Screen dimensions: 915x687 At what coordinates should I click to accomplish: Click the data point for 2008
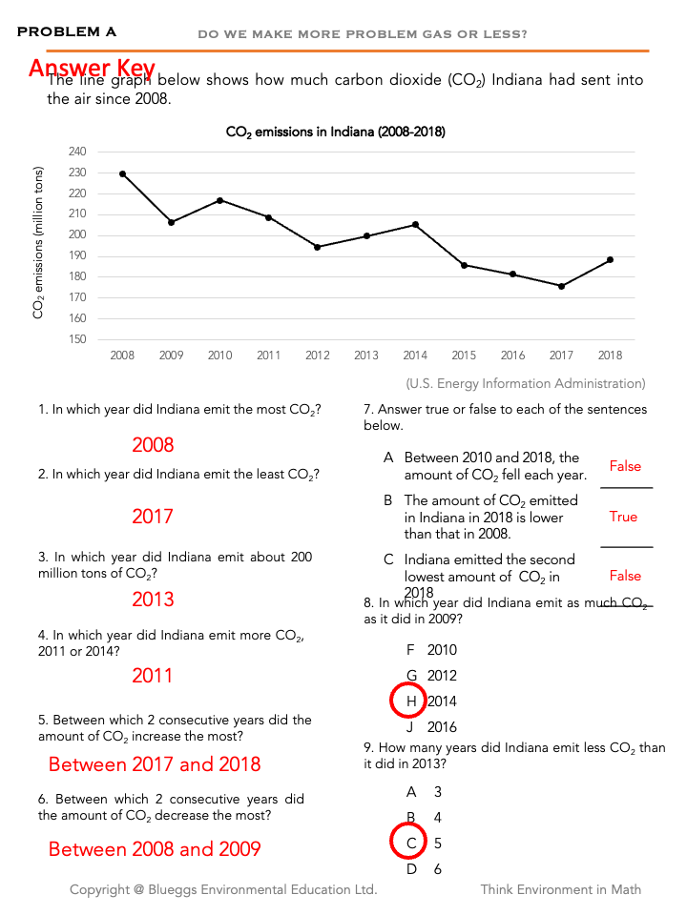pyautogui.click(x=122, y=173)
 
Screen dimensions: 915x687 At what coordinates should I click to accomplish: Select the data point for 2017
pyautogui.click(x=561, y=286)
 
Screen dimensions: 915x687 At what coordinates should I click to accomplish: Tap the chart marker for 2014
pyautogui.click(x=415, y=224)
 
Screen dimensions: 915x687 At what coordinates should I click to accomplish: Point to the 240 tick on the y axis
pyautogui.click(x=77, y=152)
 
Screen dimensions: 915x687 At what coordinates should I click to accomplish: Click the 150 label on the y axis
pyautogui.click(x=77, y=339)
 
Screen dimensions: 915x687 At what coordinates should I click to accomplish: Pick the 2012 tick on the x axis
pyautogui.click(x=317, y=356)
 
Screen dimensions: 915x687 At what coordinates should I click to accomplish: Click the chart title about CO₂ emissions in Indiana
pyautogui.click(x=335, y=132)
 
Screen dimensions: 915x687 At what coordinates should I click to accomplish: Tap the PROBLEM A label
pyautogui.click(x=67, y=32)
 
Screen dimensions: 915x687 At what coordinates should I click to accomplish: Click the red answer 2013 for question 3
pyautogui.click(x=153, y=599)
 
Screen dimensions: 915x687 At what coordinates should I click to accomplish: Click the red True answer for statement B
pyautogui.click(x=623, y=517)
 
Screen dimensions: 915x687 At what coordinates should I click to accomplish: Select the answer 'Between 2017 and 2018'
pyautogui.click(x=155, y=764)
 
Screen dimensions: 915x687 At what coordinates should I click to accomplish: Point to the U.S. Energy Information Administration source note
pyautogui.click(x=526, y=383)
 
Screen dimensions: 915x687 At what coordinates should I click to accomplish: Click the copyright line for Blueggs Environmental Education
pyautogui.click(x=223, y=889)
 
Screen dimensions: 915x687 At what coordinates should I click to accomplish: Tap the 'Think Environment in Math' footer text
pyautogui.click(x=560, y=889)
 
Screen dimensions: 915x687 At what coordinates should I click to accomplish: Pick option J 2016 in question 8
pyautogui.click(x=432, y=727)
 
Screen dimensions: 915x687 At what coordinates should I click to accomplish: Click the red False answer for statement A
pyautogui.click(x=625, y=466)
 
